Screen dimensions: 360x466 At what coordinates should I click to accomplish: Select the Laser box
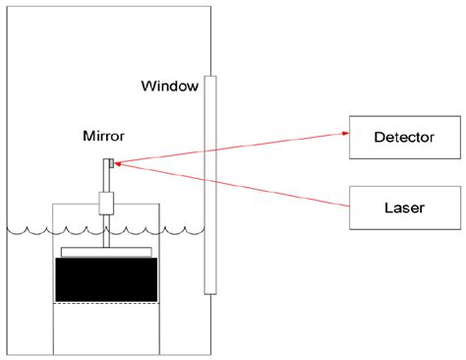(x=405, y=208)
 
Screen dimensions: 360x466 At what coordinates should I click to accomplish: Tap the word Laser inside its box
(x=405, y=208)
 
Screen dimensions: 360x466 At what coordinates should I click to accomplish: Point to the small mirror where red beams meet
(x=112, y=163)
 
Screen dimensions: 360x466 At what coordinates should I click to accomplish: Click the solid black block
(x=106, y=278)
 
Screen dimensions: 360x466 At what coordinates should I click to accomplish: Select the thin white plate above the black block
(x=106, y=252)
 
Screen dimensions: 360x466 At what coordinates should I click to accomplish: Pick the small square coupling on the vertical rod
(x=107, y=204)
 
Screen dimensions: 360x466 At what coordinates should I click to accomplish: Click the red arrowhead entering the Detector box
(x=345, y=131)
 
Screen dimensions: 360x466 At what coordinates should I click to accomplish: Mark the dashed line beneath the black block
(x=106, y=304)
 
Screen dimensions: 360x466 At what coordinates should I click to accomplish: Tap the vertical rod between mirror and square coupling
(x=107, y=180)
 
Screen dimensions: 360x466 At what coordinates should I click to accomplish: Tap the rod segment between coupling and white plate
(x=107, y=230)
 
